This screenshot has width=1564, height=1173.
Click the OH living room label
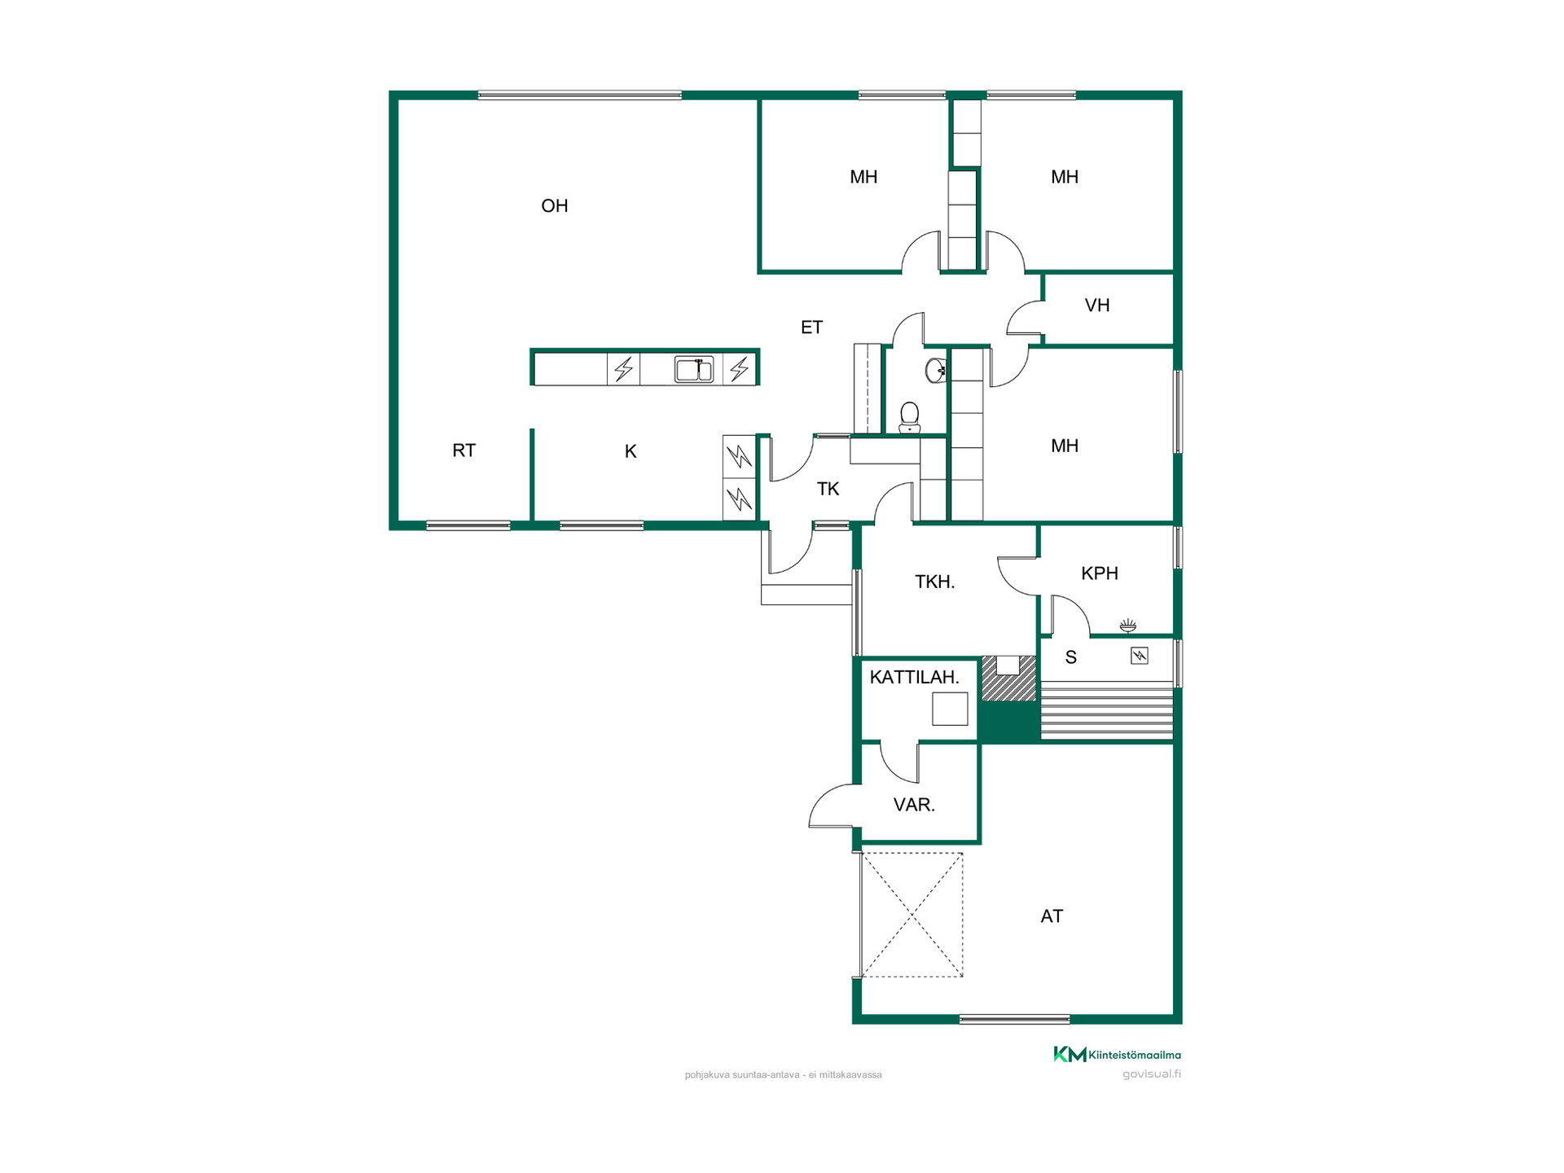coord(555,206)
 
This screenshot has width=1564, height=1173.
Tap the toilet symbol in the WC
coord(910,417)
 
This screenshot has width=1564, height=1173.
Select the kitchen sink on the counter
coord(694,369)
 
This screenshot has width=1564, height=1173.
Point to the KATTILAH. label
coord(914,677)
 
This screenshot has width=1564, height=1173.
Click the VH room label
coord(1097,305)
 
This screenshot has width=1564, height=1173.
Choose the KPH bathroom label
coord(1100,573)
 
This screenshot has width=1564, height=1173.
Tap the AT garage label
coord(1052,916)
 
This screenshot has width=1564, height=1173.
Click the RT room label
coord(464,450)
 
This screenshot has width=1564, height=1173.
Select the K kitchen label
coord(630,451)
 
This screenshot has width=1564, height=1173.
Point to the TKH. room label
coord(934,582)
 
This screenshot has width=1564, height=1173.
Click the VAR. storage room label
coord(914,805)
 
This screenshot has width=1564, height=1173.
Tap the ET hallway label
coord(811,327)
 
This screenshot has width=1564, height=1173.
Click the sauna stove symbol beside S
coord(1140,656)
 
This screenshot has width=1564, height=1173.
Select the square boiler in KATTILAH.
coord(950,709)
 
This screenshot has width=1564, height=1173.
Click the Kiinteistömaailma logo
coord(1117,1055)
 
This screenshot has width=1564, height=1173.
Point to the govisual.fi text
coord(1152,1074)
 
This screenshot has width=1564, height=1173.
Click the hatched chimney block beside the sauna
coord(1008,679)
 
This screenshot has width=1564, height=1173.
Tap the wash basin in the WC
coord(936,371)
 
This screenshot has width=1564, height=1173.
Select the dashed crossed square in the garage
coord(912,915)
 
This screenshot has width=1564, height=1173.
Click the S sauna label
coord(1071,657)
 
